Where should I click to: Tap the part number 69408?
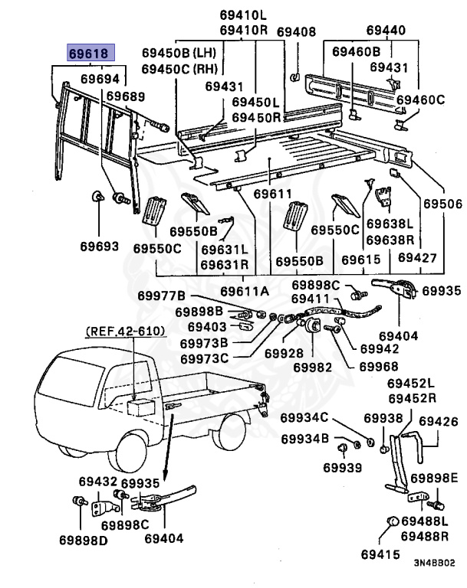296,32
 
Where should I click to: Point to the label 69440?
385,31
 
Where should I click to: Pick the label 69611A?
245,290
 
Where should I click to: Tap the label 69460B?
356,51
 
